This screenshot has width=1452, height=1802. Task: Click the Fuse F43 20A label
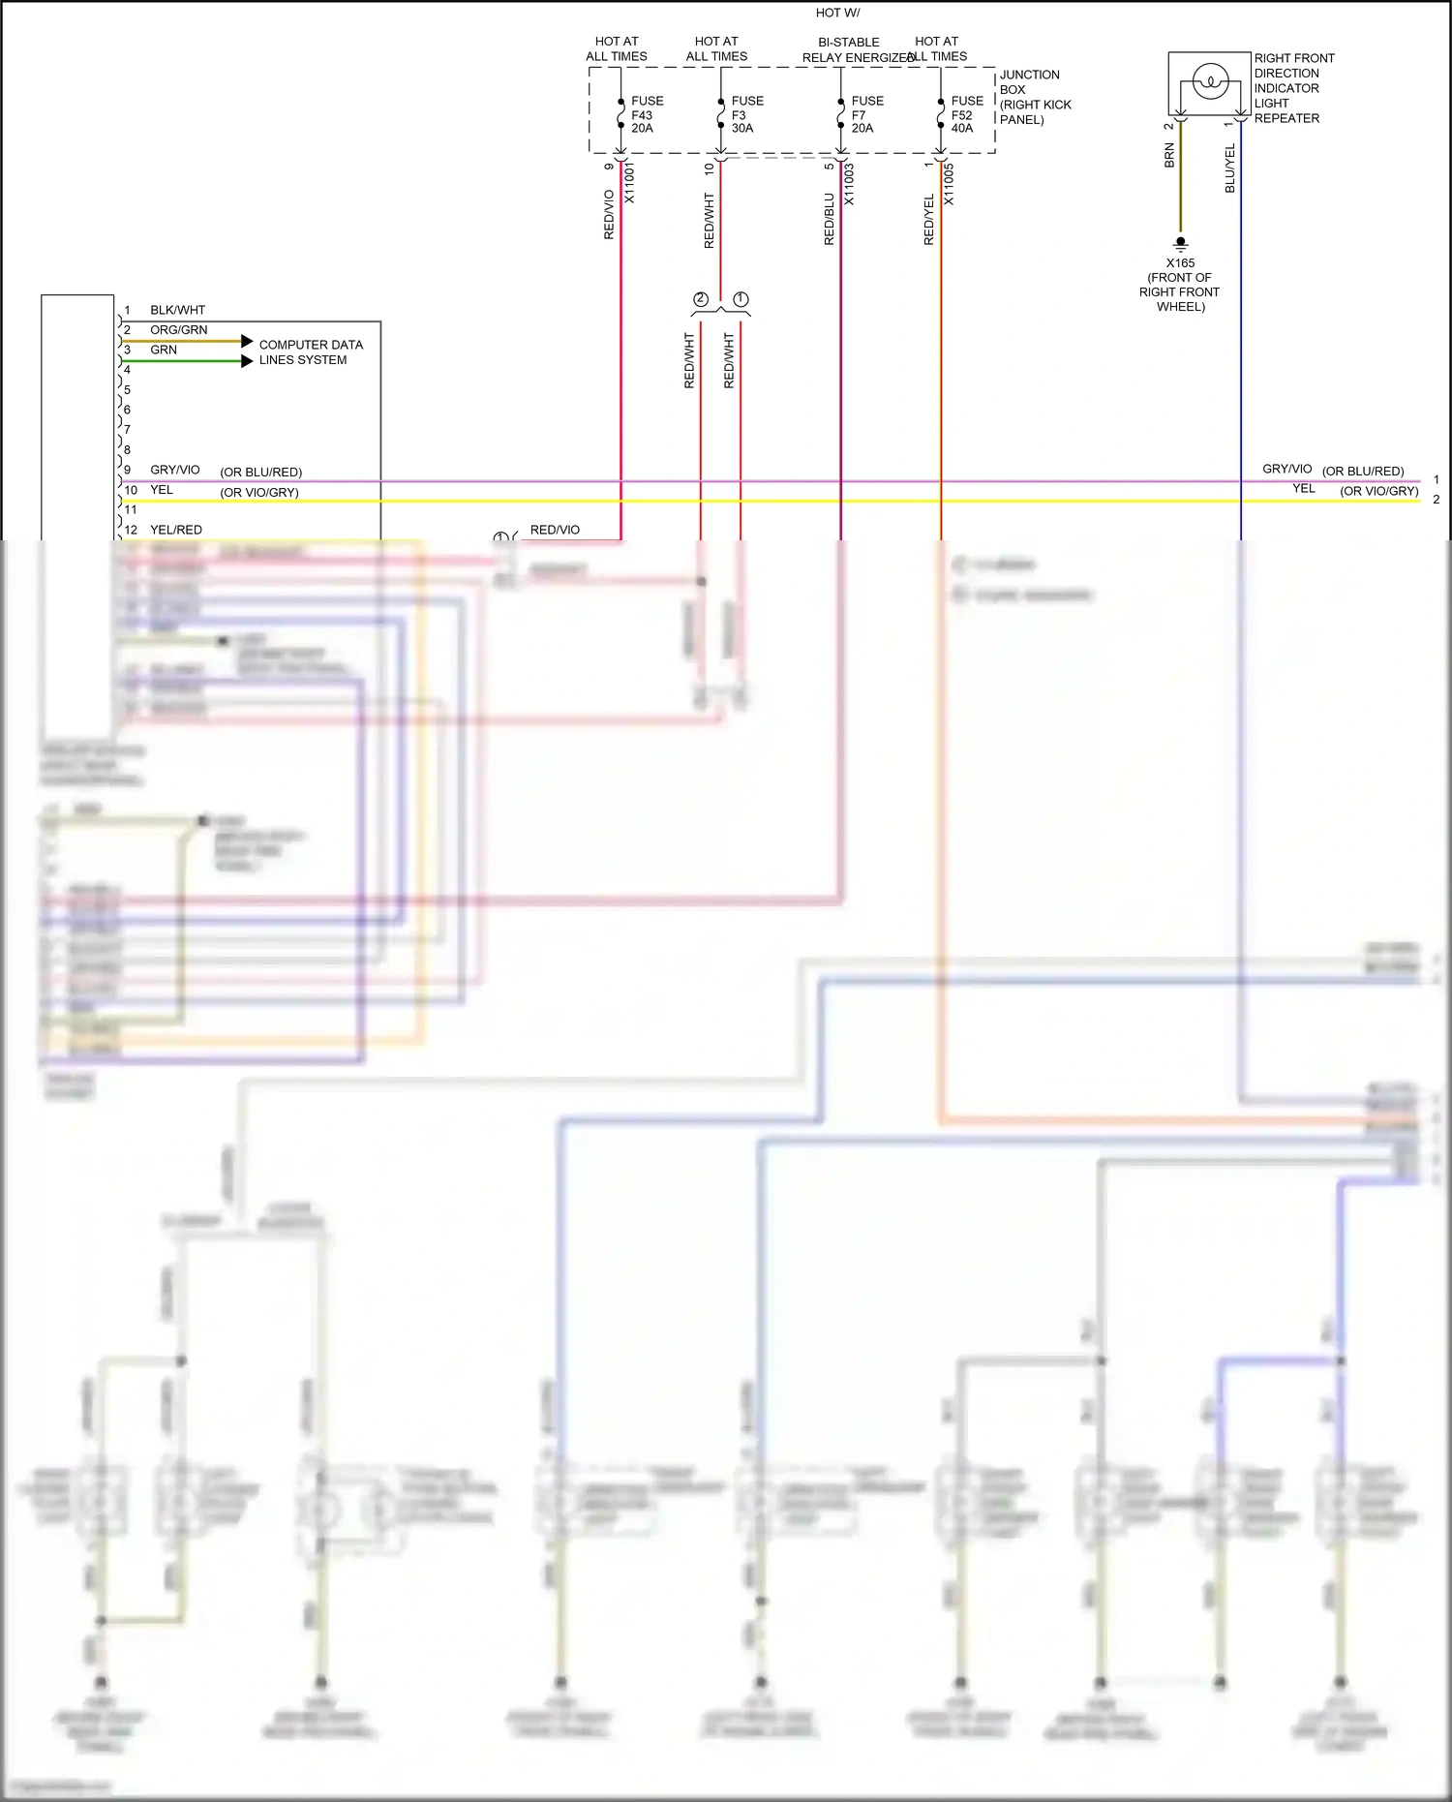(x=647, y=114)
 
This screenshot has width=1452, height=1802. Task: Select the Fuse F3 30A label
(x=746, y=114)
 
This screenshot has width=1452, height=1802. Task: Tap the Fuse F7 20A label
(x=866, y=114)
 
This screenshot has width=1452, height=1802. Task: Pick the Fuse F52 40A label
(x=966, y=114)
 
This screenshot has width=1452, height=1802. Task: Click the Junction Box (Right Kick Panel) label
(x=1034, y=97)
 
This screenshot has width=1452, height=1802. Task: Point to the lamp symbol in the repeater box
(x=1209, y=82)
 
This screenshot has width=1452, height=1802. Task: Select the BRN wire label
(x=1169, y=156)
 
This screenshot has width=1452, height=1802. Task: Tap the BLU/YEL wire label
(x=1230, y=168)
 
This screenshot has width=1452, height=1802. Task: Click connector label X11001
(x=629, y=182)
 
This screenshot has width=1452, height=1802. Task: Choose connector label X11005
(x=949, y=183)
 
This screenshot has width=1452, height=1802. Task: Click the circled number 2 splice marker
(x=701, y=299)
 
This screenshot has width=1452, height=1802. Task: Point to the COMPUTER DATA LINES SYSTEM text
(x=310, y=351)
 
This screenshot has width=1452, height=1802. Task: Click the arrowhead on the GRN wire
(x=247, y=361)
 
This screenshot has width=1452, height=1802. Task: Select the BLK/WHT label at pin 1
(x=177, y=310)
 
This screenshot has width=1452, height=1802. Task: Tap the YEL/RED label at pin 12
(x=176, y=530)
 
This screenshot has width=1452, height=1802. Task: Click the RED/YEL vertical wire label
(x=929, y=220)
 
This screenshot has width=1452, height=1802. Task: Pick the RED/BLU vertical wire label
(x=829, y=220)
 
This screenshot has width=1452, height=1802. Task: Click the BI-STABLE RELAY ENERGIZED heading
(x=852, y=49)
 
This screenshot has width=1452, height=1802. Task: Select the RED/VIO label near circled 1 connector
(x=555, y=530)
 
